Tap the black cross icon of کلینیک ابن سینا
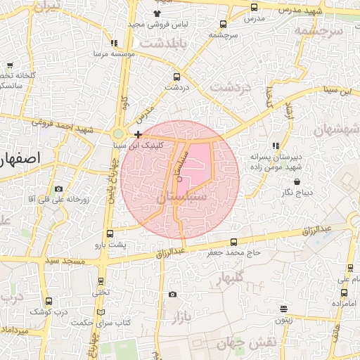[x=139, y=134]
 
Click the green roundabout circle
[x=118, y=134]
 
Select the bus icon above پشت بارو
[x=110, y=234]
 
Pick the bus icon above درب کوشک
[x=48, y=301]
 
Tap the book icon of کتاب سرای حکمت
[x=101, y=311]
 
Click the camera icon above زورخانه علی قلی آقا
[x=58, y=188]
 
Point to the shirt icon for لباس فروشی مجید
[x=156, y=13]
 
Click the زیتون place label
[x=283, y=319]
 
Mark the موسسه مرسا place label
[x=89, y=53]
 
